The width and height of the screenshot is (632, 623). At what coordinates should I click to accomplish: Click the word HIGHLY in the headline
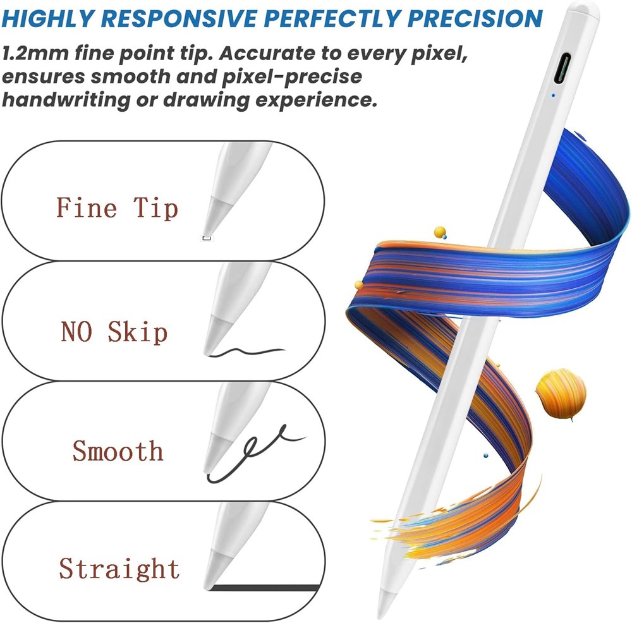click(48, 18)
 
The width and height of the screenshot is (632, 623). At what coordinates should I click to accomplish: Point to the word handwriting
click(66, 100)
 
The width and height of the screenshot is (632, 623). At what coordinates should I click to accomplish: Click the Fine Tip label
click(117, 209)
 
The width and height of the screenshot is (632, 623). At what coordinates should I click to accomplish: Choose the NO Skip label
click(114, 332)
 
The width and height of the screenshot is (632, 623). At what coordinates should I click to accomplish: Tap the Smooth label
click(118, 451)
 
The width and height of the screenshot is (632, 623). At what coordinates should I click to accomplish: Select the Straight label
click(119, 569)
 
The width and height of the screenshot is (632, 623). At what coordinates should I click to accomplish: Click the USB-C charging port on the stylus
click(562, 68)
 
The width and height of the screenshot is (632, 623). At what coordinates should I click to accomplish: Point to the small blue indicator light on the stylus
click(553, 95)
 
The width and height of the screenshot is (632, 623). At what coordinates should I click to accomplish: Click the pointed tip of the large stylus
click(380, 616)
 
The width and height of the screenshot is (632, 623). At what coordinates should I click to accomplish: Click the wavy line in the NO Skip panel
click(246, 352)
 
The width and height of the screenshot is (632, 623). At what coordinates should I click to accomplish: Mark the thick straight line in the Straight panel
click(265, 588)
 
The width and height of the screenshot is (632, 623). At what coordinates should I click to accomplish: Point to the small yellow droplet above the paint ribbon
click(440, 233)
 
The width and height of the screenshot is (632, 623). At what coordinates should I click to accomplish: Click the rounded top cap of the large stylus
click(583, 11)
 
